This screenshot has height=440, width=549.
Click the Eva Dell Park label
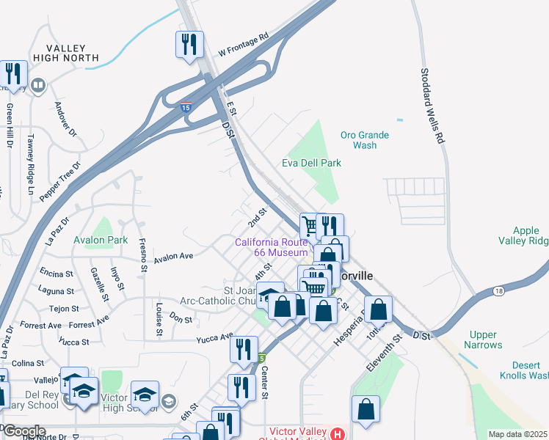point(312,164)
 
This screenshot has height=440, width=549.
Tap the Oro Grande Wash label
point(365,140)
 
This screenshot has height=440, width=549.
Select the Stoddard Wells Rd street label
point(433,106)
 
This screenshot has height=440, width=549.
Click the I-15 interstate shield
point(186,108)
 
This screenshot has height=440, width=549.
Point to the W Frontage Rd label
point(244,45)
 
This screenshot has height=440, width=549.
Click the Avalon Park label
point(101,240)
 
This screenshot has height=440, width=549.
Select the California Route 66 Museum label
point(271,247)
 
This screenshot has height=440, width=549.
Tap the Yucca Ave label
point(214,339)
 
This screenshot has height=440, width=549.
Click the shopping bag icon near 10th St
point(379,309)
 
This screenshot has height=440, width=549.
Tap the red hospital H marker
point(337,433)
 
